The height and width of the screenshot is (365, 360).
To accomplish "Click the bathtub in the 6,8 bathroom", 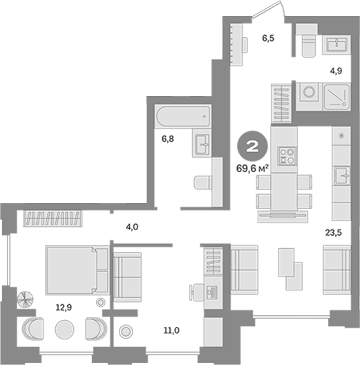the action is coord(183,116).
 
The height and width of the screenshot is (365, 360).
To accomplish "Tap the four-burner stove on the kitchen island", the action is coord(287,156).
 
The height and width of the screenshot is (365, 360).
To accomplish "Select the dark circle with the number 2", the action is coord(252,146).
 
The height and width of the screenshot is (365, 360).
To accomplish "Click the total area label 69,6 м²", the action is coord(253,168).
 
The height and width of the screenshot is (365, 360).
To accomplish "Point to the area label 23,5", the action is coord(333,232).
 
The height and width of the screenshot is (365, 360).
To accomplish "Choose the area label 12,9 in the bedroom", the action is coord(64,308).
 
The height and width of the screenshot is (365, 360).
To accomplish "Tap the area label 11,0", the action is coord(171,330).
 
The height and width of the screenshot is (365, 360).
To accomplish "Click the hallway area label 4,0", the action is coord(132,227).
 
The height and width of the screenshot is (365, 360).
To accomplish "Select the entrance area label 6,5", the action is coord(268,38).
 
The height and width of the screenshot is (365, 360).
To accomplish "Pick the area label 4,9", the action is coord(336,71).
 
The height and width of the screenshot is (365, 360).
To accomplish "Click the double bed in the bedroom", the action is coord(77,270).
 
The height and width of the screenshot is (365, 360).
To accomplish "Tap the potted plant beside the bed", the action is coord(25,299).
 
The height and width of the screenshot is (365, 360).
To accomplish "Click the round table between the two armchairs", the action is coord(64,329).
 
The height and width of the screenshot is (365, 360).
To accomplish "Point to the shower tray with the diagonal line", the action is coord(337,96).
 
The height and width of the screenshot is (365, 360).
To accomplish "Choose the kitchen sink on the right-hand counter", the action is coord(341,176).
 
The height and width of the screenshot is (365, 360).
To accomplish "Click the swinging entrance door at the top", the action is coord(269,9).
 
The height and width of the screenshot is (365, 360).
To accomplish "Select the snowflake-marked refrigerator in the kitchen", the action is coord(341,135).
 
